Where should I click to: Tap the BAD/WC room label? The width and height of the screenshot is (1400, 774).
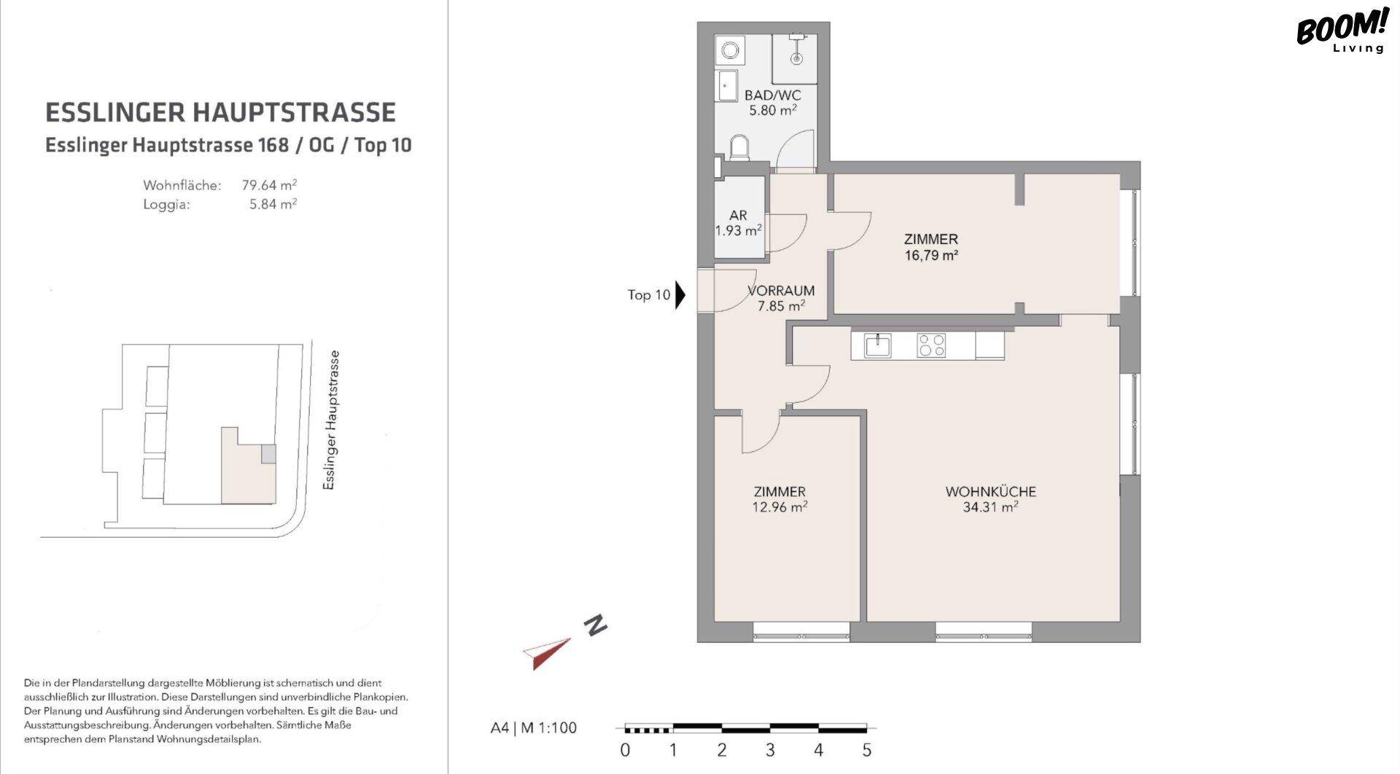point(772,95)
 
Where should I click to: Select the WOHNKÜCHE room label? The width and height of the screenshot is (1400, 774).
point(990,491)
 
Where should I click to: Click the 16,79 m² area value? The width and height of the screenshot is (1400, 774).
point(931,255)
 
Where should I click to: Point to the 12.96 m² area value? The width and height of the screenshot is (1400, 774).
point(779,507)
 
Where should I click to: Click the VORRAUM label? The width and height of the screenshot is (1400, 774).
point(781,290)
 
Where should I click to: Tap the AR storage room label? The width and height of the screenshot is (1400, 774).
point(738,215)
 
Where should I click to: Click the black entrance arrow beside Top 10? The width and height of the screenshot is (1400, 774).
point(680,295)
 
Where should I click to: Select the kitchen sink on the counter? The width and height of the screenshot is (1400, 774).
point(878,345)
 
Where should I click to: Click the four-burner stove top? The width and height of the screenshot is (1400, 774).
point(931,345)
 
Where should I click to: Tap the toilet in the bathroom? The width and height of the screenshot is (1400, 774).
point(739,148)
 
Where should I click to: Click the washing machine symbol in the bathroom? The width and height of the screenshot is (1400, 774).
point(729,50)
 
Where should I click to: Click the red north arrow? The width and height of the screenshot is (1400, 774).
point(547,653)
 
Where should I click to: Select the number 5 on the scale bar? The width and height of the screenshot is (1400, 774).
point(867,750)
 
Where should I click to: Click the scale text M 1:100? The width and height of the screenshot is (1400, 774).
point(548,727)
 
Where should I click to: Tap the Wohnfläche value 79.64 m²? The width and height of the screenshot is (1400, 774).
point(269,185)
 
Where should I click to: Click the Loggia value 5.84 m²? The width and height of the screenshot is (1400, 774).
point(273,204)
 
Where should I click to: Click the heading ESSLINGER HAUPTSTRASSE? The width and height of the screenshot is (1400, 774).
point(220,112)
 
